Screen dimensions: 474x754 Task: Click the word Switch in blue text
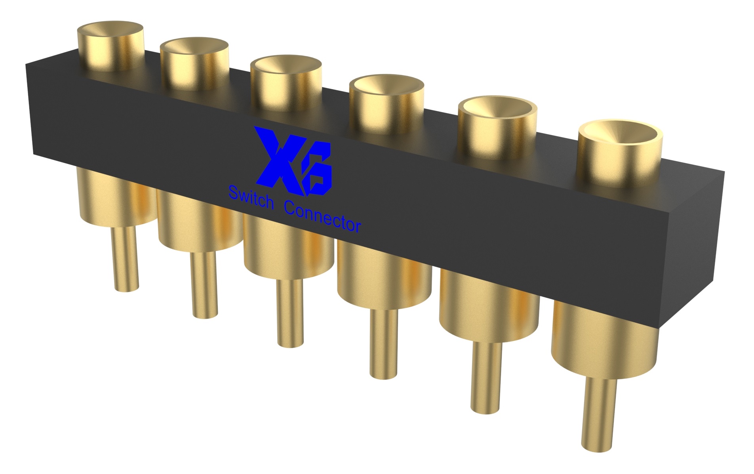pyautogui.click(x=251, y=198)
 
